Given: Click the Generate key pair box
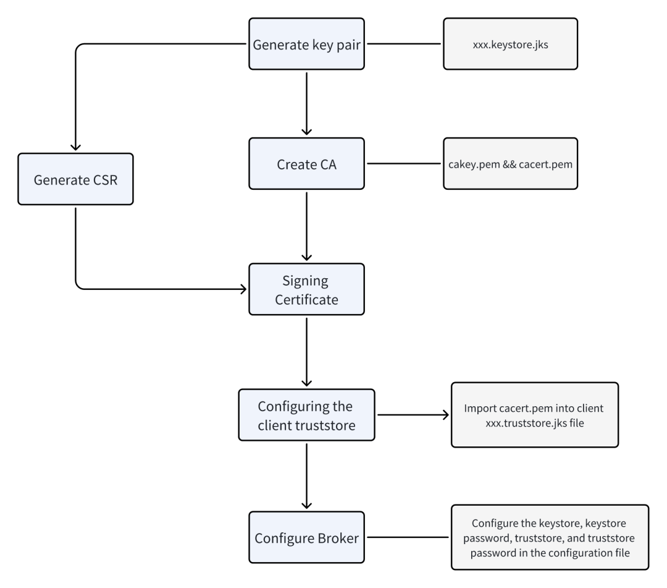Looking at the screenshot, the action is (306, 44).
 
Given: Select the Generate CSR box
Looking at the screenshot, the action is (75, 179).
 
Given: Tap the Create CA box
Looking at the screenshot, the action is (306, 163).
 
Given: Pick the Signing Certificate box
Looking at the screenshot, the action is (306, 289).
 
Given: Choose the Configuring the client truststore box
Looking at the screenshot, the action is (306, 415).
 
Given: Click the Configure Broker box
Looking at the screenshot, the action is (306, 537).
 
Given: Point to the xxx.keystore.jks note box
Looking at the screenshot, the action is (511, 44).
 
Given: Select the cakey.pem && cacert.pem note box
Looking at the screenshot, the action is (511, 163).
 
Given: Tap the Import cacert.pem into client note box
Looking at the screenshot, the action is (535, 415).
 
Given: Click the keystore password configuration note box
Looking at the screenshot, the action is (550, 537).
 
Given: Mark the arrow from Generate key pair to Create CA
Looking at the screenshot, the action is (306, 103).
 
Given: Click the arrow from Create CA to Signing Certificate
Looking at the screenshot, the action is (306, 226).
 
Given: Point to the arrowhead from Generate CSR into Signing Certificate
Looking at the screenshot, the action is (243, 289).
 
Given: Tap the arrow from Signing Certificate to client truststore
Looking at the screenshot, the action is (306, 352).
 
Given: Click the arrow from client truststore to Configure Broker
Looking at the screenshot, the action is (306, 476).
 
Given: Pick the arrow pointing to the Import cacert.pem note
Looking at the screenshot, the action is (413, 415).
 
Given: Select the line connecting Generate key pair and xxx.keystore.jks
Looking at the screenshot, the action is (404, 43).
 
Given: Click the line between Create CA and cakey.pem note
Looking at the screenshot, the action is (404, 163).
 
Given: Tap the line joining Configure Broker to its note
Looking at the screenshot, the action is (408, 537).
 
